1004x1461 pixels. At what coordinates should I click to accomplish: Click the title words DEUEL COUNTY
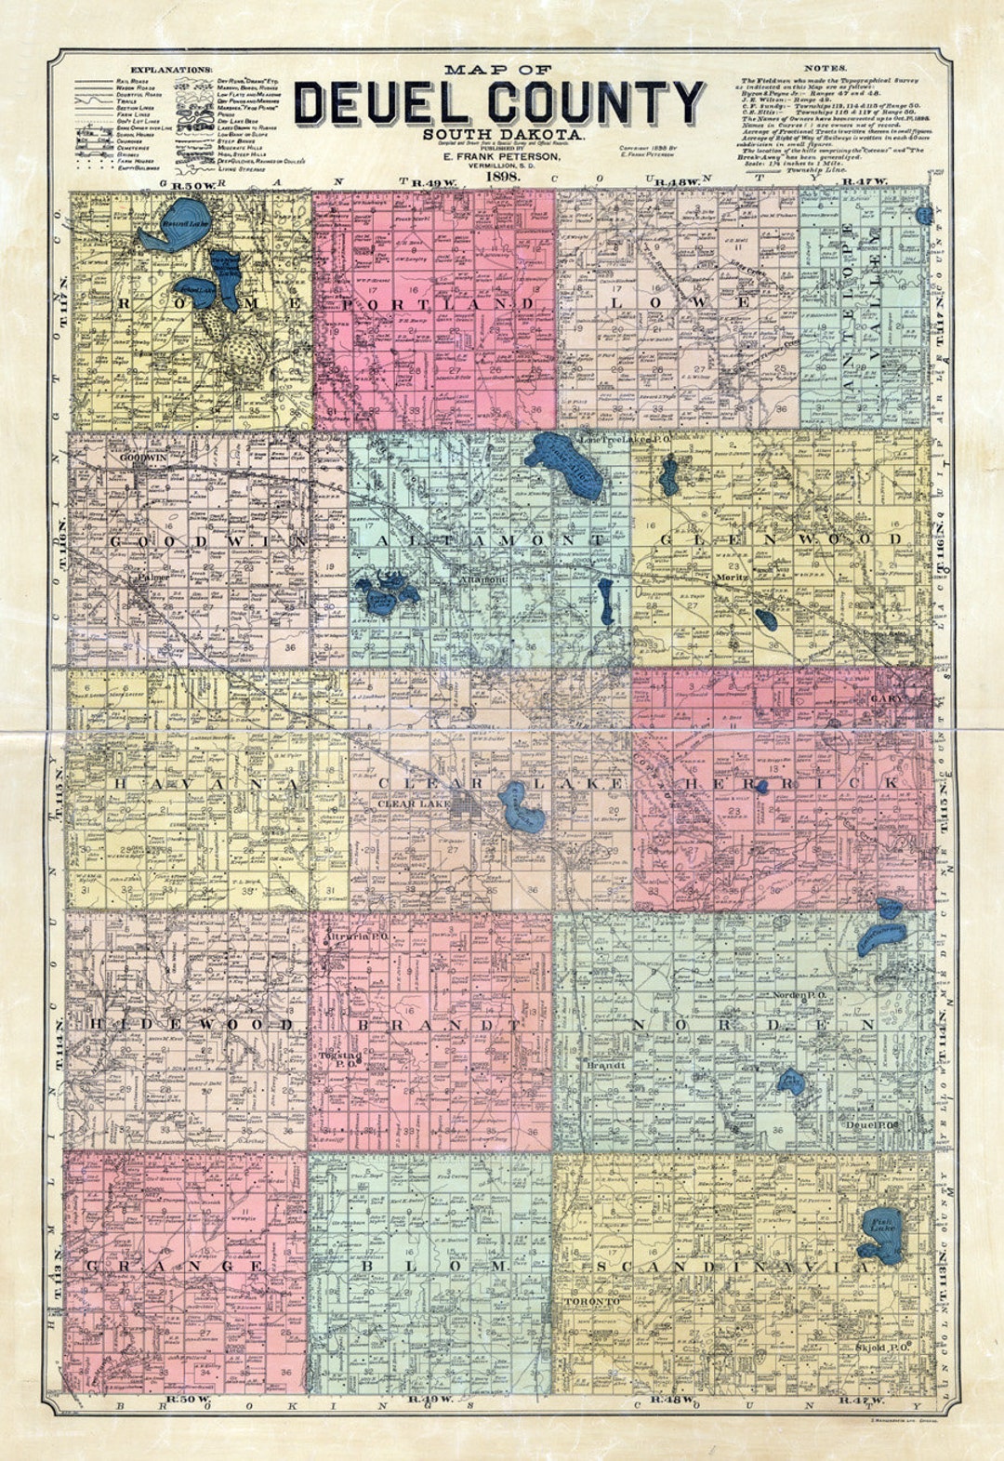pyautogui.click(x=499, y=103)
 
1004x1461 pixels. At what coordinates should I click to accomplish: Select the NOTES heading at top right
pyautogui.click(x=824, y=69)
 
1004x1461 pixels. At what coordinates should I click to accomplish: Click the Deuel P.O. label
pyautogui.click(x=869, y=1123)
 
